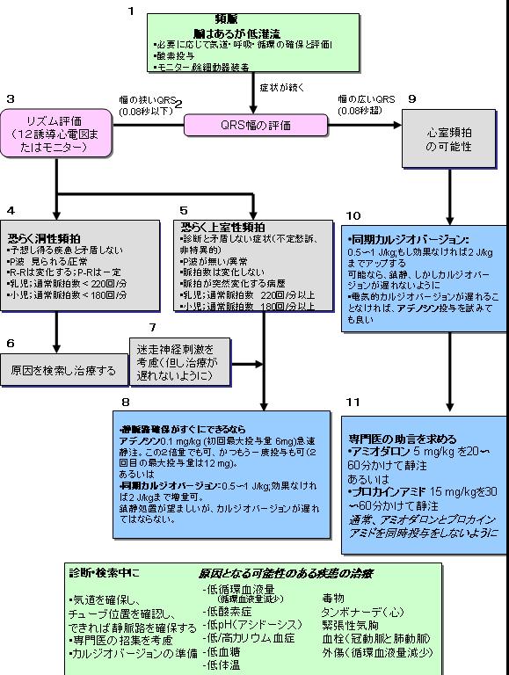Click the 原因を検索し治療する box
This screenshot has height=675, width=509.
point(59,371)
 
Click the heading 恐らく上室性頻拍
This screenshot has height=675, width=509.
point(222,226)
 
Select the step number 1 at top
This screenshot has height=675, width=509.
point(131,11)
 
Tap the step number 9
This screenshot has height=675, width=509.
point(412,99)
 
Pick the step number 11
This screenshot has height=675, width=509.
point(352,402)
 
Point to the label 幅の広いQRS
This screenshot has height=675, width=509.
point(367,99)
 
